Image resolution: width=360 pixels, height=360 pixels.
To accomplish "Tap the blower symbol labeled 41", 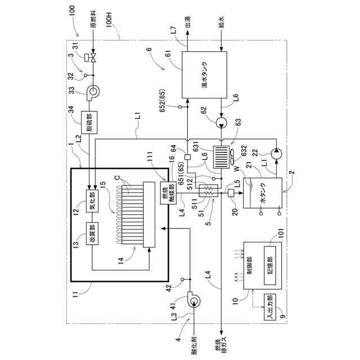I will pos(193,302).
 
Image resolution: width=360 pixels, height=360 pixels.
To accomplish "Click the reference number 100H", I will pos(113,27).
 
